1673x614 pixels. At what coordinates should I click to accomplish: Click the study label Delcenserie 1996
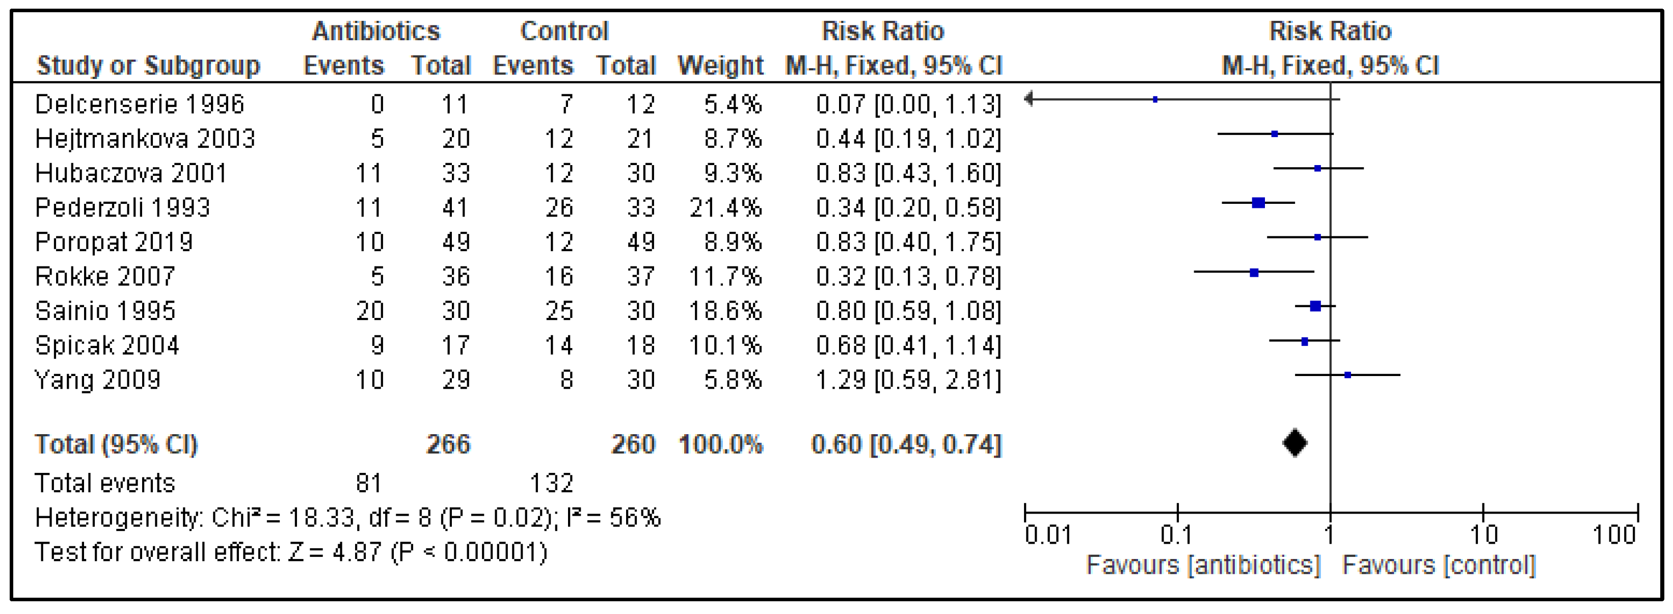point(139,104)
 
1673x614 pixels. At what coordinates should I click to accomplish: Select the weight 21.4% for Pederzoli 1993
point(725,207)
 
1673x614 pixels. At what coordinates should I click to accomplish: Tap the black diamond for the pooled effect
point(1294,443)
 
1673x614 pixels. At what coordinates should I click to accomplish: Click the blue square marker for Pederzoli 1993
point(1258,203)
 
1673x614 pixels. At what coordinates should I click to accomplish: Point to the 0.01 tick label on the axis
point(1047,535)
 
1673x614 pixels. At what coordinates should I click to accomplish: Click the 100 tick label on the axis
point(1613,535)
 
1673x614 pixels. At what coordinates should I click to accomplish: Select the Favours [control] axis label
point(1439,565)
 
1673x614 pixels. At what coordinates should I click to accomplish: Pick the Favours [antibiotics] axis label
point(1203,565)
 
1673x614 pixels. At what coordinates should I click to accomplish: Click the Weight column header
point(720,66)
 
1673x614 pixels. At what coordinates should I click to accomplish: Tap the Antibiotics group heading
point(375,31)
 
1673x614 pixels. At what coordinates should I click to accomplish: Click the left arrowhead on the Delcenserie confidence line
point(1029,99)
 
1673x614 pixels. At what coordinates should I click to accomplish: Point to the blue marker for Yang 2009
point(1347,375)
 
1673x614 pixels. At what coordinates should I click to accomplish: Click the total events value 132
point(551,483)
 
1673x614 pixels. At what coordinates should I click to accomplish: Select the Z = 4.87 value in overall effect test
point(335,552)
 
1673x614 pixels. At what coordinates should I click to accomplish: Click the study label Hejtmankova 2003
point(145,139)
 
